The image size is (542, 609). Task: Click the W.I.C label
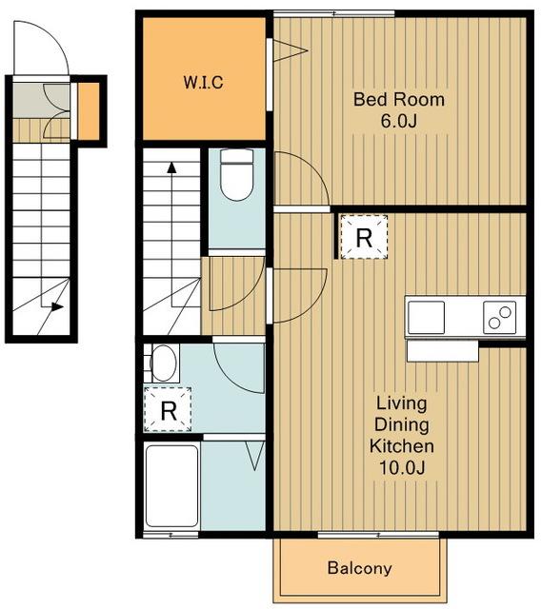203,83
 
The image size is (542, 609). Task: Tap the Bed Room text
399,99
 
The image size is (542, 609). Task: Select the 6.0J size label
399,121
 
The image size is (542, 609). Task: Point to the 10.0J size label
402,467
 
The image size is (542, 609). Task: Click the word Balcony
360,568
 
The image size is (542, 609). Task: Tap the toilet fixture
237,175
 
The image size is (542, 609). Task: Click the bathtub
171,486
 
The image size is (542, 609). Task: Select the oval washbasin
163,363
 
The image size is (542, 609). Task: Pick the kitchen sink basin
426,317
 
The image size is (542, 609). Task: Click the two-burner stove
500,317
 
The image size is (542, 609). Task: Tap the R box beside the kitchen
364,237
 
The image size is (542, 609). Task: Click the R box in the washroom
168,409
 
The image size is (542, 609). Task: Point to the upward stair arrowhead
171,167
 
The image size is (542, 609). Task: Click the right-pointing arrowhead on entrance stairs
57,306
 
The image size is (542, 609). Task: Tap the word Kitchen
402,446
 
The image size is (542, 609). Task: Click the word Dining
402,424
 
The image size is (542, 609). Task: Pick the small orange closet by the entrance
89,110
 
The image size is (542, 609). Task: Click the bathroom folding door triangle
255,456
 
